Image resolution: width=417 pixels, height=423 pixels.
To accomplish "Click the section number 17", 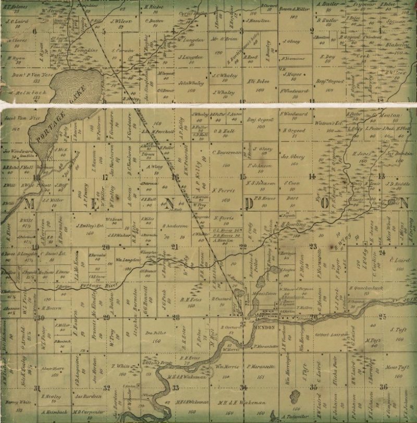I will pos(105,177).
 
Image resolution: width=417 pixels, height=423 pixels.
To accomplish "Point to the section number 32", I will pos(107,388).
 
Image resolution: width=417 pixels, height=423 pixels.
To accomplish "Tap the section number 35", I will pos(313,386).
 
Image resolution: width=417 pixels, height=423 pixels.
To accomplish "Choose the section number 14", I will pos(312,176).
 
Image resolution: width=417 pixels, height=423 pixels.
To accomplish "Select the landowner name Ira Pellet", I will pos(155,332).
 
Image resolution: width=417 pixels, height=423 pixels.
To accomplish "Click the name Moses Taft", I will pos(384,367).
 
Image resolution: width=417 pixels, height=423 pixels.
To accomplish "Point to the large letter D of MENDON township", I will pos(250,202).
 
